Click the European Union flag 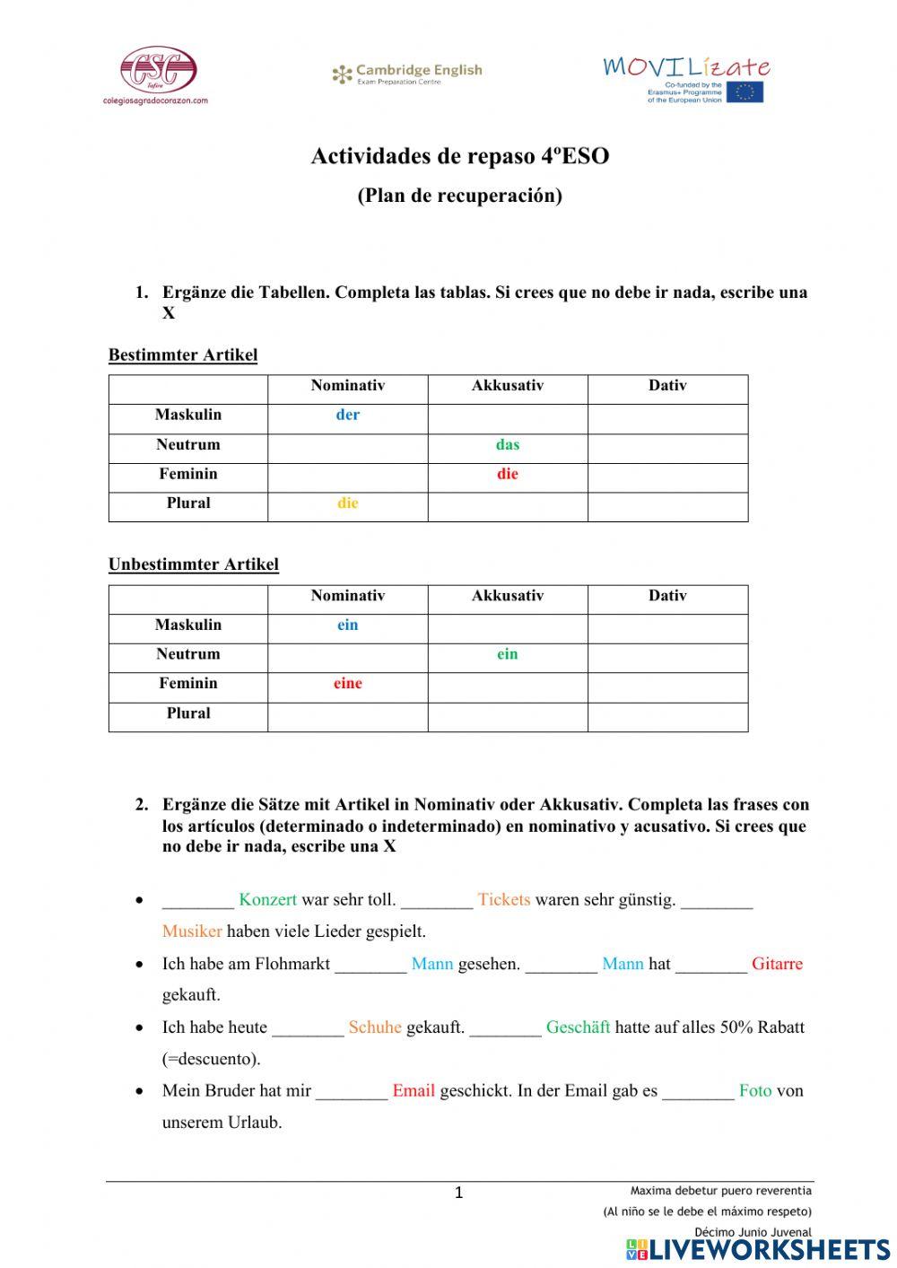(745, 92)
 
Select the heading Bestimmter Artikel (183, 355)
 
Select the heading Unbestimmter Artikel (194, 565)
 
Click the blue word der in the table (347, 415)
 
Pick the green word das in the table (507, 445)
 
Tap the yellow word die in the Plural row (347, 503)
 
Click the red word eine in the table (347, 684)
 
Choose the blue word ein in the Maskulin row (347, 625)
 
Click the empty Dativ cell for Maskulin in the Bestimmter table (667, 418)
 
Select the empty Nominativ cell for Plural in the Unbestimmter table (347, 716)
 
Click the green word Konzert (267, 899)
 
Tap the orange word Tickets (503, 899)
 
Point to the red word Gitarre (777, 964)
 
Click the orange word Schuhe (375, 1028)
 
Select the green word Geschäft (578, 1028)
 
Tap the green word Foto (755, 1091)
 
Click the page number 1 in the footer (459, 1194)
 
